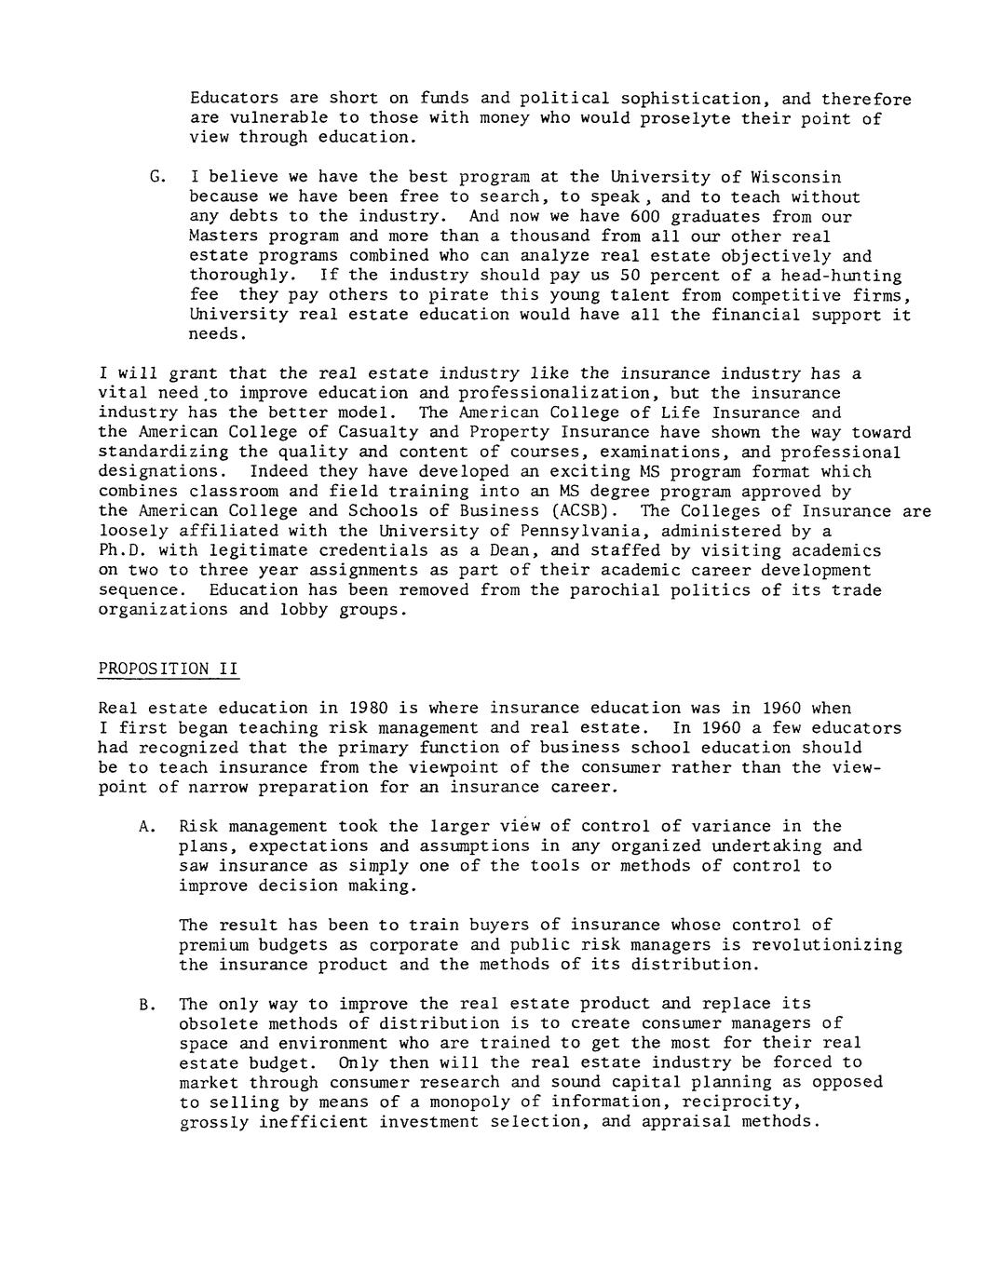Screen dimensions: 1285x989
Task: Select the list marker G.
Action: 155,177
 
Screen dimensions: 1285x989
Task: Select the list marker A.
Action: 144,826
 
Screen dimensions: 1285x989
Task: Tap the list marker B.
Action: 144,1004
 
